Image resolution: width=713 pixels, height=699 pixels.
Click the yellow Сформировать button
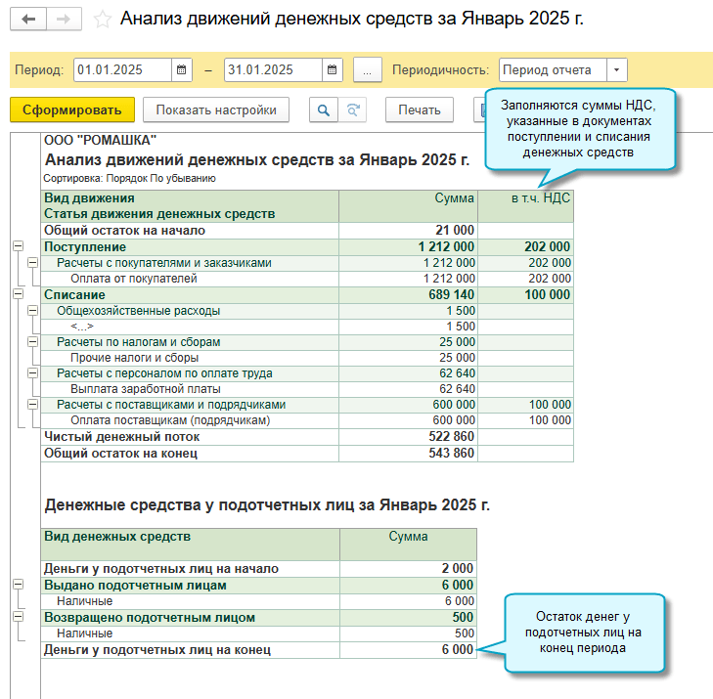pos(71,109)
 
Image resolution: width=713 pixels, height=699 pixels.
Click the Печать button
pos(419,109)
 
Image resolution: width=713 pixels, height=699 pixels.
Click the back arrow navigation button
pos(28,20)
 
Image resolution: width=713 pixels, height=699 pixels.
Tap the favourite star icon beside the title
pos(101,20)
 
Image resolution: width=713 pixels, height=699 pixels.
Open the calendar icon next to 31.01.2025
pos(334,69)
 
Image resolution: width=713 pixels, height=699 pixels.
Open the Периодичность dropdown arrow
pos(616,69)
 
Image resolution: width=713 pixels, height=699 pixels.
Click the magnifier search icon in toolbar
pos(323,109)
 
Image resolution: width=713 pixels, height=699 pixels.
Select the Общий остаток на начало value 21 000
pos(454,231)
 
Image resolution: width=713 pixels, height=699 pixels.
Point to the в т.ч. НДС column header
pos(540,197)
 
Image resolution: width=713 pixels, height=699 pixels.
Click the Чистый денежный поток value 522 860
pos(451,437)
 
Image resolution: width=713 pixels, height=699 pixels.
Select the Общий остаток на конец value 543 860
pos(451,453)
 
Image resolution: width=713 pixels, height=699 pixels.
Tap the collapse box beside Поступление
pos(18,246)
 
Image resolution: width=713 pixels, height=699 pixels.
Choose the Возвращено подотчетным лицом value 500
pos(464,618)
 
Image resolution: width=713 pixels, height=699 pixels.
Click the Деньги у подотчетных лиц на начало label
pos(161,569)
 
